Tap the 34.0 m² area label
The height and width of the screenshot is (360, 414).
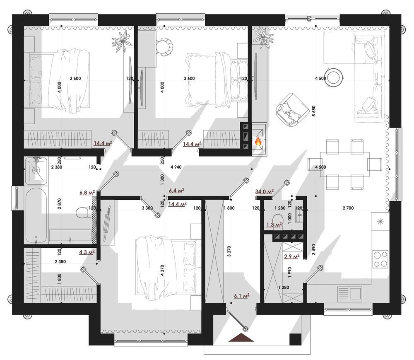pos(265,191)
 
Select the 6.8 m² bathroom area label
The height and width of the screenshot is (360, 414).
pos(87,193)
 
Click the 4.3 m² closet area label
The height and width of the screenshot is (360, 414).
pos(87,251)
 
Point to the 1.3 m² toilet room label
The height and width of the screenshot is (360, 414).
pos(274,225)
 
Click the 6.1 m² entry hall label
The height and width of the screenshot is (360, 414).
pos(241,296)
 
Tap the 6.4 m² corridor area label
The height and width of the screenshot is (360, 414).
pos(176,191)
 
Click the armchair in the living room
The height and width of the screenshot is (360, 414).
pos(290,109)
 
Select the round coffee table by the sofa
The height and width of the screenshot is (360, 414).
pos(334,77)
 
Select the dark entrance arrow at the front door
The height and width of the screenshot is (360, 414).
pos(242,338)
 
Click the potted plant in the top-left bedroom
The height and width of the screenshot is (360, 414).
pos(121,41)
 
